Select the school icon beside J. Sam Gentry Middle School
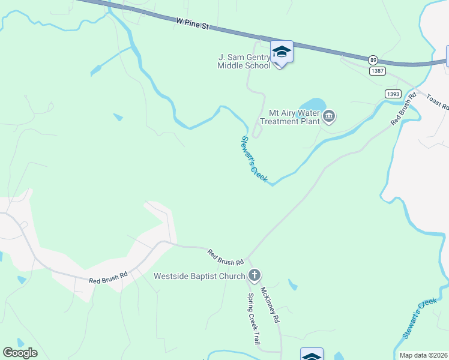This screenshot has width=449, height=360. pyautogui.click(x=282, y=52)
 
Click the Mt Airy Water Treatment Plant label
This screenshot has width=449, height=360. pyautogui.click(x=292, y=116)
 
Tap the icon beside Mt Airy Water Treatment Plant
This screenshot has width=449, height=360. pyautogui.click(x=329, y=116)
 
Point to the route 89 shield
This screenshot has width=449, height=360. pyautogui.click(x=373, y=60)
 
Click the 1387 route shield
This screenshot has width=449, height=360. pyautogui.click(x=378, y=71)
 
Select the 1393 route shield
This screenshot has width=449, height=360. pyautogui.click(x=393, y=94)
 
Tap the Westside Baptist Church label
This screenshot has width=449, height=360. pyautogui.click(x=199, y=276)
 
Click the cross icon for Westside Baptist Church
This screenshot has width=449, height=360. pyautogui.click(x=255, y=276)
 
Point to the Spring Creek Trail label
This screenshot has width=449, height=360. pyautogui.click(x=254, y=319)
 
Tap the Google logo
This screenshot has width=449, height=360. pyautogui.click(x=20, y=353)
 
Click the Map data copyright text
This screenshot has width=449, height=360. pyautogui.click(x=424, y=355)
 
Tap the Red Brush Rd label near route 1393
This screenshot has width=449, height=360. pyautogui.click(x=403, y=108)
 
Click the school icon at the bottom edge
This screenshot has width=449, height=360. pyautogui.click(x=312, y=355)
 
